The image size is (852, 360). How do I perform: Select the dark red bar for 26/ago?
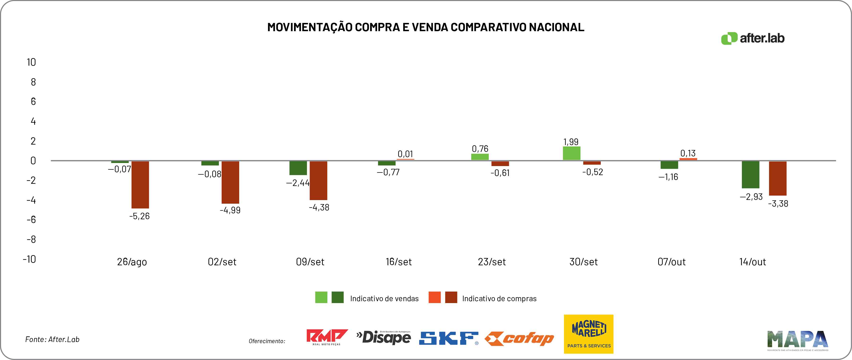(x=140, y=184)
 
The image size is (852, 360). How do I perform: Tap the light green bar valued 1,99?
(x=571, y=153)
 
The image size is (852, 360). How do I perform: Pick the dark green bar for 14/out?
(x=750, y=175)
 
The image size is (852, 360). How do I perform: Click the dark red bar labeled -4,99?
(x=230, y=182)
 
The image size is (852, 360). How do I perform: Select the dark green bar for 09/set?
(x=298, y=168)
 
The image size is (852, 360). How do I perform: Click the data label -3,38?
(x=778, y=204)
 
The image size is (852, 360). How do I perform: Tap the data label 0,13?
(x=688, y=153)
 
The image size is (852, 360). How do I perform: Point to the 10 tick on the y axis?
(x=31, y=62)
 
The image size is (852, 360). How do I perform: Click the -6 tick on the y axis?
(x=31, y=219)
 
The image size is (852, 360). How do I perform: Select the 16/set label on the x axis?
(x=398, y=262)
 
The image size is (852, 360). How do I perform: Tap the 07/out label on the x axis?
(x=671, y=262)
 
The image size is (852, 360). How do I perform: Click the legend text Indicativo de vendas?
(x=384, y=299)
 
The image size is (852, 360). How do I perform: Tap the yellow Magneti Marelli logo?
(x=588, y=334)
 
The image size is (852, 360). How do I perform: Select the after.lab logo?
(x=753, y=38)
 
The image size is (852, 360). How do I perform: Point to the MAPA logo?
(x=798, y=340)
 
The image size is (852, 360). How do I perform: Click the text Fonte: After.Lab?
(x=52, y=339)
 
